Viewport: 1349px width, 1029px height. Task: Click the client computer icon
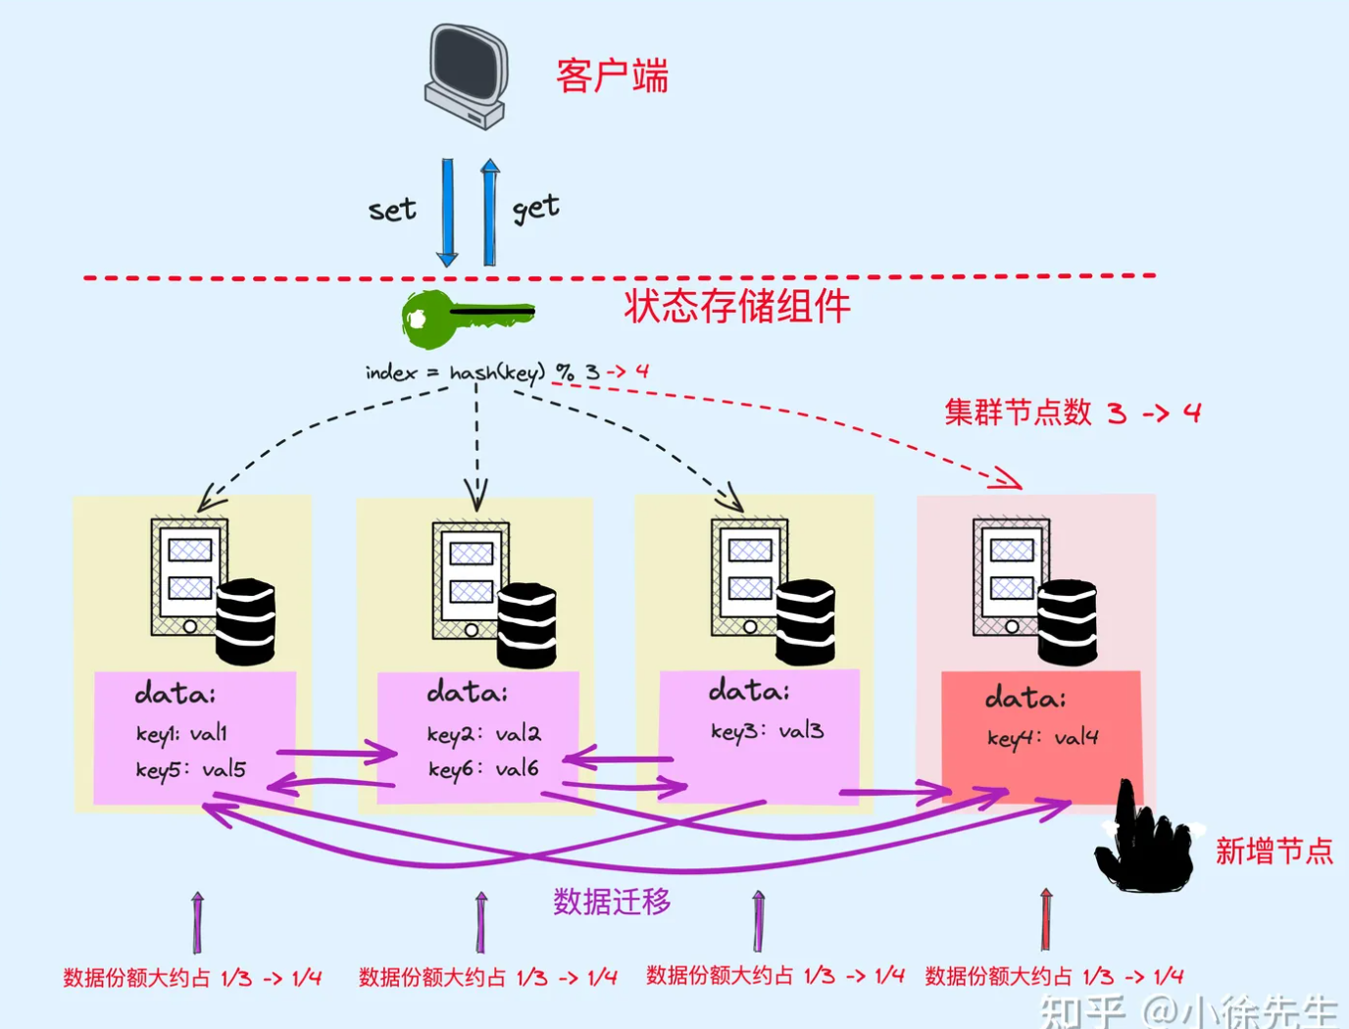click(x=467, y=76)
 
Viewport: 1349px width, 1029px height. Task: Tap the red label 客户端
click(x=612, y=76)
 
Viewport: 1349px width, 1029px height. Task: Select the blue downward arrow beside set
click(x=447, y=212)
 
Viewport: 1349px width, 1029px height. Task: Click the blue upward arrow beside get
click(x=490, y=212)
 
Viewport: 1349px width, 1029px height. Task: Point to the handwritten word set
click(x=392, y=210)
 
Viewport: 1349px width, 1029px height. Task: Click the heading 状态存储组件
click(x=736, y=307)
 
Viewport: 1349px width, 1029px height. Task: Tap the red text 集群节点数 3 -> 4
click(x=1072, y=413)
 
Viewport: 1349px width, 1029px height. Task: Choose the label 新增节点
click(x=1274, y=851)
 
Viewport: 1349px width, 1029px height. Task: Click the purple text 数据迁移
click(x=612, y=902)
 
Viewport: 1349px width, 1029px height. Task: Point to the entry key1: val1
click(x=181, y=734)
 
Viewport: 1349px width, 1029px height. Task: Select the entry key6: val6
click(x=483, y=769)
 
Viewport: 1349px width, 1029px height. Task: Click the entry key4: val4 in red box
click(x=1042, y=738)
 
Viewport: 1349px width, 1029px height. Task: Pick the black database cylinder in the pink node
click(x=1067, y=621)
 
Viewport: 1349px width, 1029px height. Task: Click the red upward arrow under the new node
click(x=1046, y=919)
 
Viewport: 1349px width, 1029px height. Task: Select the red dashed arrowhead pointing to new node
click(x=1008, y=479)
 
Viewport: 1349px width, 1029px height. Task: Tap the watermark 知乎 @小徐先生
click(x=1188, y=1009)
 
